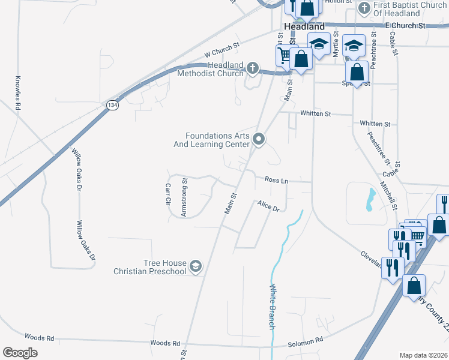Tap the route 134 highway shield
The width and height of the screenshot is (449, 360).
tap(112, 105)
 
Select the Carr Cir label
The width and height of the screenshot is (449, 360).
tap(169, 195)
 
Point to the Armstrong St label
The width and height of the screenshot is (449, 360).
tap(184, 197)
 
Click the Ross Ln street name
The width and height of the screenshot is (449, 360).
tap(276, 180)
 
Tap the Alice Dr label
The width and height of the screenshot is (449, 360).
tap(268, 206)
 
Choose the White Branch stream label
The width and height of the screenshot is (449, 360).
tap(271, 306)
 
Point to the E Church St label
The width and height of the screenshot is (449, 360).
tap(405, 26)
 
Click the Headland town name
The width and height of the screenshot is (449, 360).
tap(304, 26)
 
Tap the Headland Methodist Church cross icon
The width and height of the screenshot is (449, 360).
tap(252, 68)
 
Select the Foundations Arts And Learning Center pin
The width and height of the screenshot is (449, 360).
tap(259, 140)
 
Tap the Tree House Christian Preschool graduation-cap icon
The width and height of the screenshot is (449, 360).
tap(196, 266)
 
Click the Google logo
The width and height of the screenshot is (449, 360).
tap(20, 352)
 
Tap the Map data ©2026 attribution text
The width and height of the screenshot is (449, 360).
tap(423, 355)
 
